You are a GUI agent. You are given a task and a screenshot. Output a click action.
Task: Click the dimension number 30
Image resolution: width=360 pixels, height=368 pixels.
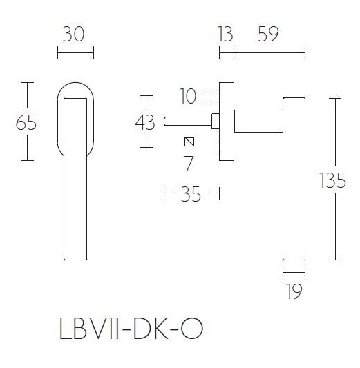click(x=73, y=33)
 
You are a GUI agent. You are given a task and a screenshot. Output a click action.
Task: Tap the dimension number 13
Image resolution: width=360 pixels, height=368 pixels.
click(x=225, y=33)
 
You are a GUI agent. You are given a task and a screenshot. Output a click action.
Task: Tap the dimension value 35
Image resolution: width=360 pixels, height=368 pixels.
click(x=190, y=195)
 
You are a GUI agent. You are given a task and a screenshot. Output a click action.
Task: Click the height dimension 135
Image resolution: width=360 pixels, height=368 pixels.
click(x=333, y=180)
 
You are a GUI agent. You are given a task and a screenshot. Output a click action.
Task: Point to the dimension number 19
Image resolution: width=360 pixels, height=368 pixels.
click(x=294, y=292)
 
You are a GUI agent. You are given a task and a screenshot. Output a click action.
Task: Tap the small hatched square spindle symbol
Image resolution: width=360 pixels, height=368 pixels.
click(x=189, y=143)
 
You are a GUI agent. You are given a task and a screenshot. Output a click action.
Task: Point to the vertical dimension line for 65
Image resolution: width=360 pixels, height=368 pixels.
click(x=27, y=97)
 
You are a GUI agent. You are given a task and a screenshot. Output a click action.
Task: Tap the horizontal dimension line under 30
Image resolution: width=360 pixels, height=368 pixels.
click(x=74, y=52)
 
